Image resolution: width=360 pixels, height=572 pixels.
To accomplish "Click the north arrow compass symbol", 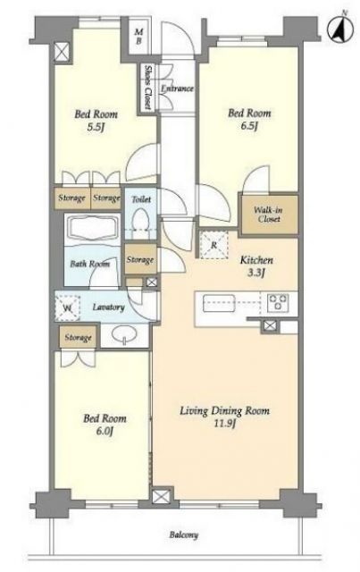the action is [x=340, y=29].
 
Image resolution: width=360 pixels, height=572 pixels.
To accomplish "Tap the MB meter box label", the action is [x=139, y=37].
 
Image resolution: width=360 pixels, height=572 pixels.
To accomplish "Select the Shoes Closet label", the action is [x=148, y=88].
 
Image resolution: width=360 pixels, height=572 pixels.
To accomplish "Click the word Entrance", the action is [x=177, y=88].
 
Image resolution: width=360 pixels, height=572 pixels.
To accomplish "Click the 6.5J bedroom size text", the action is [x=249, y=126].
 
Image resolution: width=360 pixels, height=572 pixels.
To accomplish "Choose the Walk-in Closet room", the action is [x=269, y=214].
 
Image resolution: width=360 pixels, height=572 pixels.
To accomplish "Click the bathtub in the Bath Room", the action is [x=92, y=229].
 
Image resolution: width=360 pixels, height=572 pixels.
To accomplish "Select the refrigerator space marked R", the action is [x=213, y=245].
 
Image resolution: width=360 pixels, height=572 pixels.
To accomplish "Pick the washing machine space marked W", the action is [x=67, y=308].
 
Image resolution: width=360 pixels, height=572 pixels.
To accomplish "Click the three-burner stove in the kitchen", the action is [x=278, y=302].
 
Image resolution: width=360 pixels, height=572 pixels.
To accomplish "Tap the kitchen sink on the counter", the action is [x=219, y=303].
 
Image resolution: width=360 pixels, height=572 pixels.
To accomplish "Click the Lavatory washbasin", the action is [x=124, y=334].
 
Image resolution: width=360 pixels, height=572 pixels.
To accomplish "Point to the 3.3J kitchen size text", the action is [x=255, y=273].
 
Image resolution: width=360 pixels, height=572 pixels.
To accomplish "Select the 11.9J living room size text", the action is [x=225, y=424].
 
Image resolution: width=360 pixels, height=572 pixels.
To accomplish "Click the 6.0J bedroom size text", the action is [x=105, y=431].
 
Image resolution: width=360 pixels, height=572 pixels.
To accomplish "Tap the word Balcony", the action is [x=183, y=535].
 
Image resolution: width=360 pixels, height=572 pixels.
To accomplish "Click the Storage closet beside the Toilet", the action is [x=140, y=260].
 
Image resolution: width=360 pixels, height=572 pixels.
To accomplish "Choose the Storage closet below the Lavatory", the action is [x=78, y=338].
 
